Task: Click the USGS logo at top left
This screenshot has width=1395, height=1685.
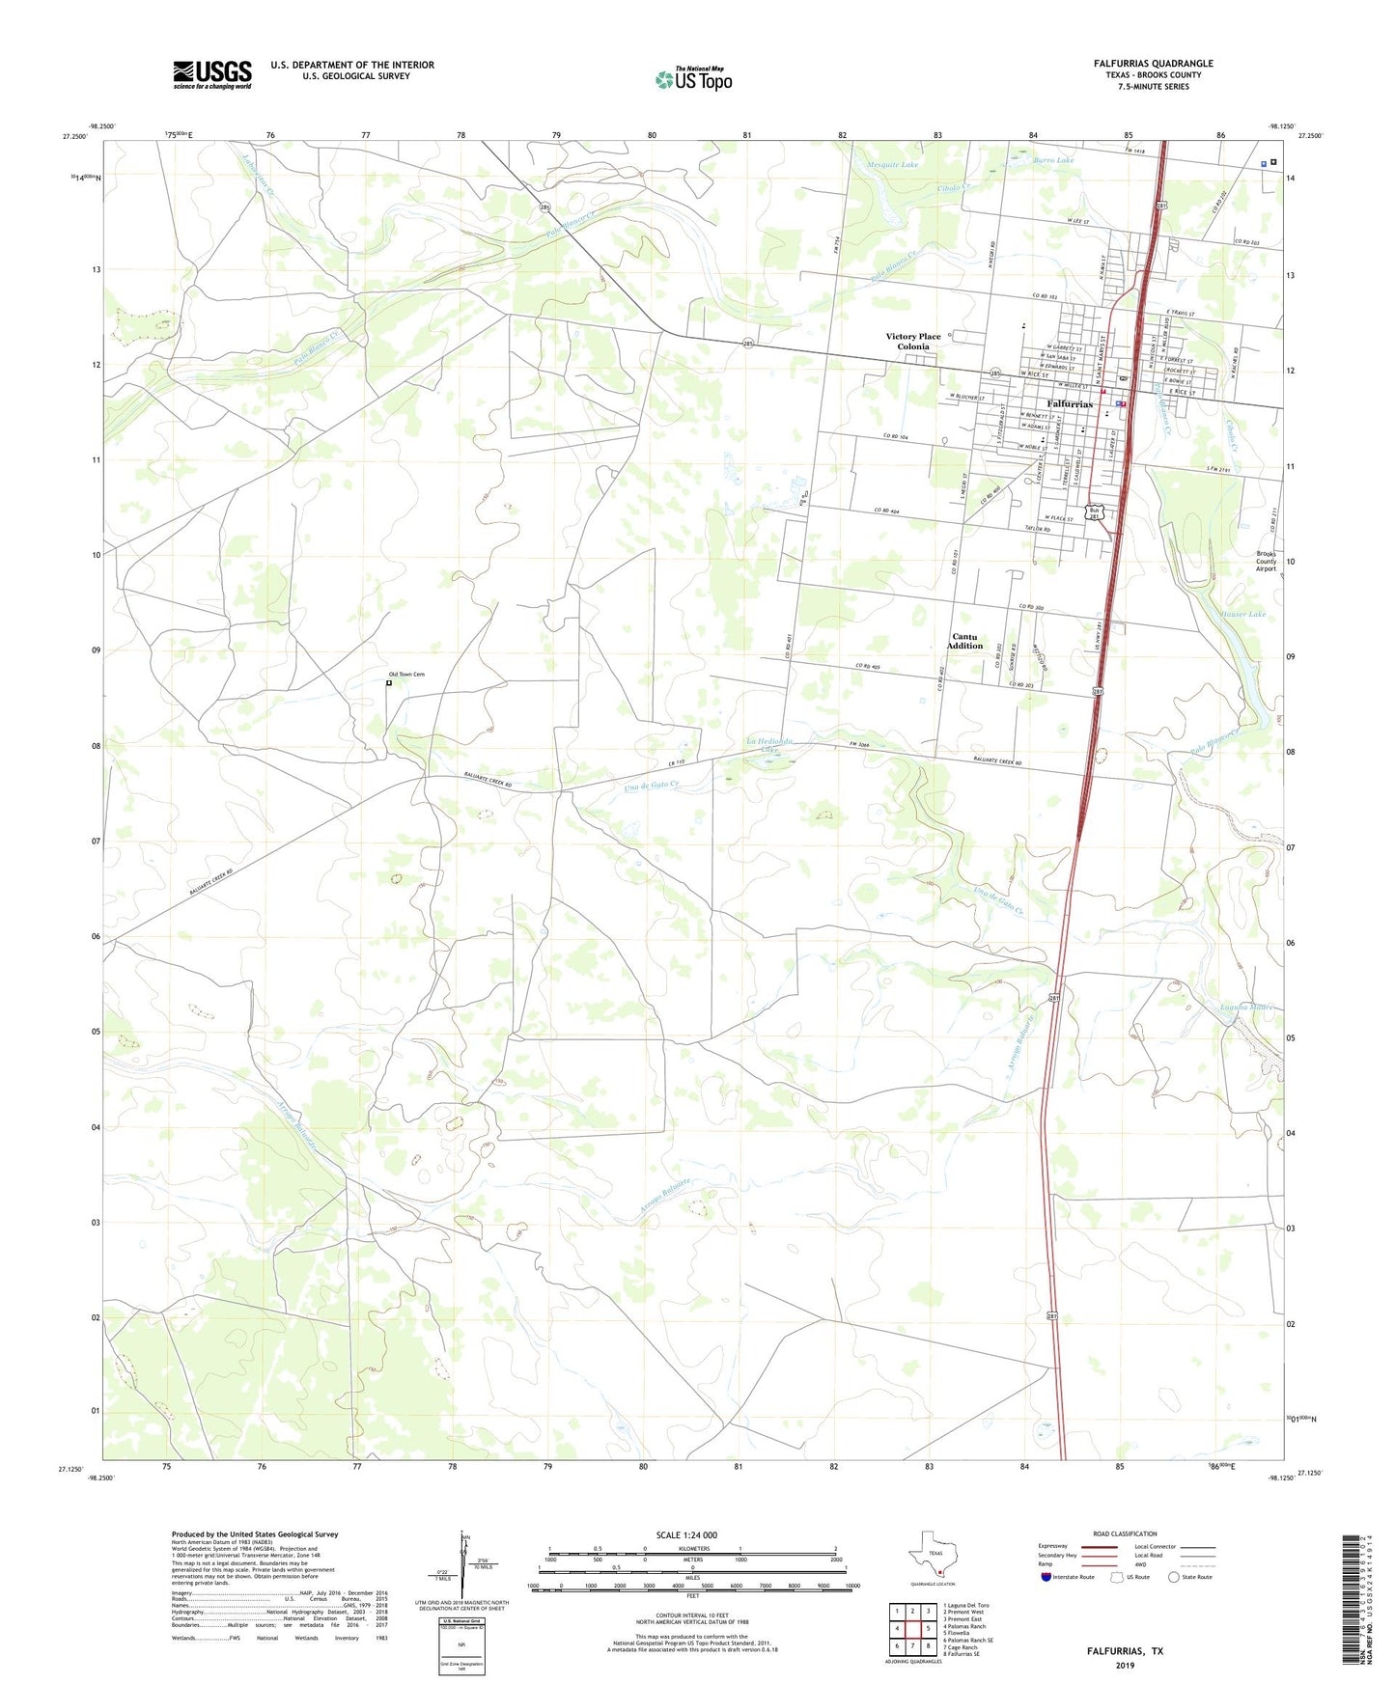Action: [x=212, y=74]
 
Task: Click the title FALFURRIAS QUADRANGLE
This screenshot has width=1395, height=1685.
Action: [x=1153, y=64]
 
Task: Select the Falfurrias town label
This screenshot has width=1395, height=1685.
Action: [x=1070, y=403]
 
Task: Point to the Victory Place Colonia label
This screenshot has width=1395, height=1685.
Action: [x=912, y=342]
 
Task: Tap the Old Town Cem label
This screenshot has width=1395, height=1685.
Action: [x=406, y=675]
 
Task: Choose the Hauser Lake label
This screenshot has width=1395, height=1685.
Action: [x=1242, y=614]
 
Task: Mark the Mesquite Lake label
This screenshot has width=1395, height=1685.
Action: [x=892, y=165]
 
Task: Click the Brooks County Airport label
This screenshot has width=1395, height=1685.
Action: [x=1266, y=562]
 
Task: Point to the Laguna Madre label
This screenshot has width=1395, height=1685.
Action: [x=1246, y=1008]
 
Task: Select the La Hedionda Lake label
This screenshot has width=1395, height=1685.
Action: [x=768, y=744]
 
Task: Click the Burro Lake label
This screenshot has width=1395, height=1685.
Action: [x=1053, y=160]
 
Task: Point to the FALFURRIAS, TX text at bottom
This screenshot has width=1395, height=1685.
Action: [x=1124, y=1651]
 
